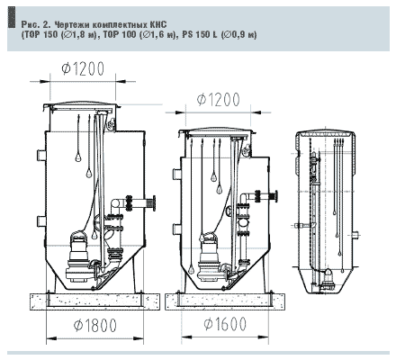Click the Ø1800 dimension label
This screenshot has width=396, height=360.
[95, 325]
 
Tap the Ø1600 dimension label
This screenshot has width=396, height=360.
[225, 323]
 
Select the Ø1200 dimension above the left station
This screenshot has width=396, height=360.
[83, 68]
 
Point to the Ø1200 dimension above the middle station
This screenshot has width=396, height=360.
[219, 100]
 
